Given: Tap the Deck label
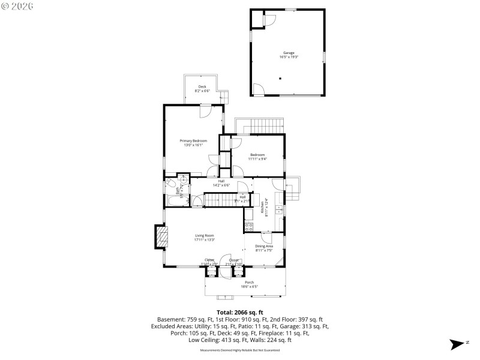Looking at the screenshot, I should pos(203,87).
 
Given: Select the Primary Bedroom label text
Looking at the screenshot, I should pos(193,141).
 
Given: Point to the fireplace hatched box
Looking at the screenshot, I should pos(160,236).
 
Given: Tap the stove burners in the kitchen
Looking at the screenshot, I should pos(249,227).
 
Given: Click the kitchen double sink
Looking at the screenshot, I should pos(279,209).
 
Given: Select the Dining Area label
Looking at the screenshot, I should pos(264,246).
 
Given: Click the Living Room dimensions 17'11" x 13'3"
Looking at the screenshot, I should pos(204,240).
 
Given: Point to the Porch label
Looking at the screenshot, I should pos(249,282).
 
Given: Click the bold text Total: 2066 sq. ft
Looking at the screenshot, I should pos(240,312).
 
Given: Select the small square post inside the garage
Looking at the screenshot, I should pos(280,79).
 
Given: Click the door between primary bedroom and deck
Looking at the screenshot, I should pos(205,110).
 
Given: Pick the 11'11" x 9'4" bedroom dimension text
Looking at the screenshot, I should pos(257,158).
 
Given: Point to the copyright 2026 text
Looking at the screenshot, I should pos(17,5).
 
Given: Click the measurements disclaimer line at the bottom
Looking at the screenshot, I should pos(240,349).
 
